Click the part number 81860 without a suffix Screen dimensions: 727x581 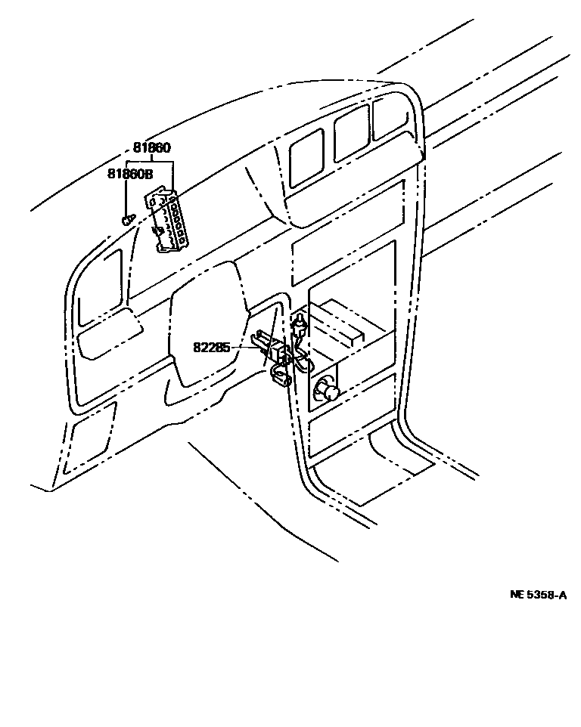click(152, 148)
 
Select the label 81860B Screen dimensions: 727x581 click(129, 174)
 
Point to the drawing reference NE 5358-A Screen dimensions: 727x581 click(538, 595)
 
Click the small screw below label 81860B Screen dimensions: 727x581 click(127, 220)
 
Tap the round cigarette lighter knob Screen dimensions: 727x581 click(327, 391)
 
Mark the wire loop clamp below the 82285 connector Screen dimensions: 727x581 click(281, 376)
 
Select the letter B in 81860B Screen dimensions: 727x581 click(148, 174)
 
